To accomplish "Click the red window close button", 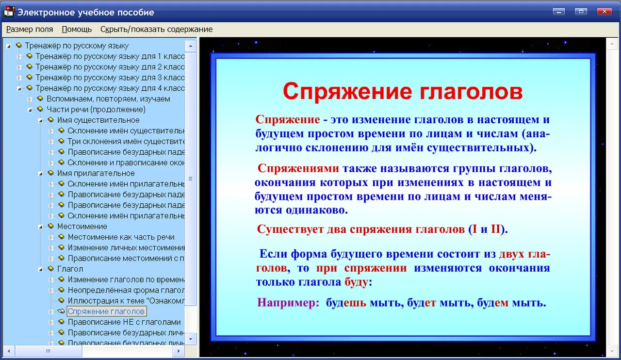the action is (604, 11).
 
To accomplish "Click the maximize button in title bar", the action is (581, 11).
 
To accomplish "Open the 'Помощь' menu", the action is (77, 29).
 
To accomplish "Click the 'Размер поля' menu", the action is (30, 29).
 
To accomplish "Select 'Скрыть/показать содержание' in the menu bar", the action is (156, 29).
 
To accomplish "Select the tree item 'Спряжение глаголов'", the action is (106, 311).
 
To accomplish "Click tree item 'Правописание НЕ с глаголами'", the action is (124, 322).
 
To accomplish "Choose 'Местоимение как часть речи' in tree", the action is (121, 237).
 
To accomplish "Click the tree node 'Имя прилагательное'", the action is (96, 173).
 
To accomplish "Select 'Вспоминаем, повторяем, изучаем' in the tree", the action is (108, 99).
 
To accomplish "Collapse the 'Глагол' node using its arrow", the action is (40, 269).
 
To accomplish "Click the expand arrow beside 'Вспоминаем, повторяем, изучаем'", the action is (30, 99).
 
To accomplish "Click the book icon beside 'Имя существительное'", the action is (51, 120).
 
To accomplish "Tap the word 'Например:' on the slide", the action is (288, 302).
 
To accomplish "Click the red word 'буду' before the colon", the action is (356, 282).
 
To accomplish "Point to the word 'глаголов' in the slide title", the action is (471, 92).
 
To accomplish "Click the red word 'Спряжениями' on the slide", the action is (298, 168).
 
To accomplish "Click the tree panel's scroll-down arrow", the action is (191, 339).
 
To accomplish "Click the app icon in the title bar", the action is (9, 12).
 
